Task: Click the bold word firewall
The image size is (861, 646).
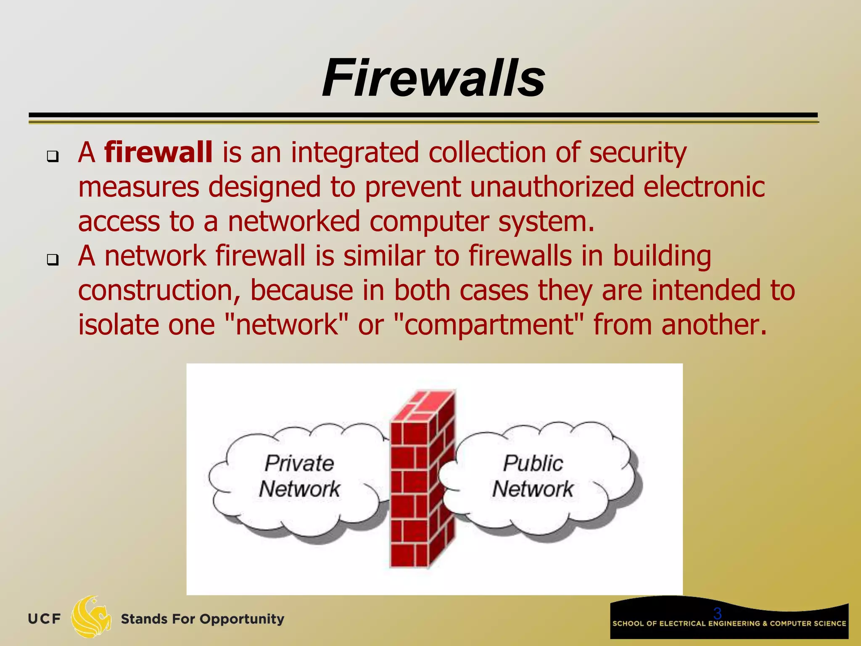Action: click(158, 152)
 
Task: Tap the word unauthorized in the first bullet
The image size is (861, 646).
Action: click(552, 187)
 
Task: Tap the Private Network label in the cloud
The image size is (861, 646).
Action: click(299, 476)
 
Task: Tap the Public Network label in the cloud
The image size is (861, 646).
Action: click(533, 476)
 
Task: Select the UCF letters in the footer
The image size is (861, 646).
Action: click(44, 619)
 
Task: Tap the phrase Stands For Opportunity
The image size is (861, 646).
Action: click(202, 619)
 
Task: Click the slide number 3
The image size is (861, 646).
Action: click(717, 613)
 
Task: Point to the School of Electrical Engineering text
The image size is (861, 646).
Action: click(729, 624)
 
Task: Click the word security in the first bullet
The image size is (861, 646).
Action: click(638, 152)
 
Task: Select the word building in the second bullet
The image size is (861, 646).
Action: click(662, 257)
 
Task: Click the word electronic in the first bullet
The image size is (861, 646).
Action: click(704, 187)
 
